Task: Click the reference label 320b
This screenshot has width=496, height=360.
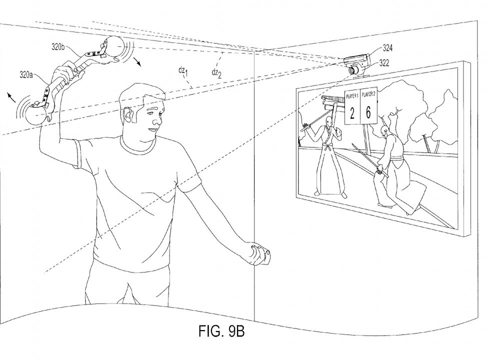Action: [58, 47]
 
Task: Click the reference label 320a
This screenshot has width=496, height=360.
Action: [26, 75]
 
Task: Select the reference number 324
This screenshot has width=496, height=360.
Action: [387, 48]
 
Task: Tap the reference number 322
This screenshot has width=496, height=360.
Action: [384, 63]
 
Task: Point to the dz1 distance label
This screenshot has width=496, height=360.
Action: [183, 71]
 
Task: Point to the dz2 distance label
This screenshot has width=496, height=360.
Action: [216, 73]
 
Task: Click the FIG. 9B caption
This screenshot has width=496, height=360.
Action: [221, 331]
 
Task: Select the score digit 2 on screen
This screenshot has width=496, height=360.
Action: [352, 113]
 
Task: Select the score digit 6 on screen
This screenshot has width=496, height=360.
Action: [368, 112]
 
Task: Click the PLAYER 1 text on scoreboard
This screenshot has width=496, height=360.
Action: [352, 96]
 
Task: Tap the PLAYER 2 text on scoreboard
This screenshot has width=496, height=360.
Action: [368, 94]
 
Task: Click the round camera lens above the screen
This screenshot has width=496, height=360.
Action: [352, 70]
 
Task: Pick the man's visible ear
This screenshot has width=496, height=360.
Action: [128, 114]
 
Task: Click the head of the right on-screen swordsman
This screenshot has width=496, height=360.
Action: [384, 129]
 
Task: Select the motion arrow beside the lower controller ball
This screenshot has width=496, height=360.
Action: [11, 97]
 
